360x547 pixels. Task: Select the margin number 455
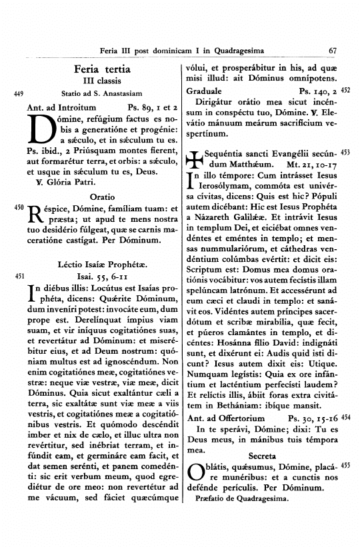coord(345,468)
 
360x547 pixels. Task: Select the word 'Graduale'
coord(206,89)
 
